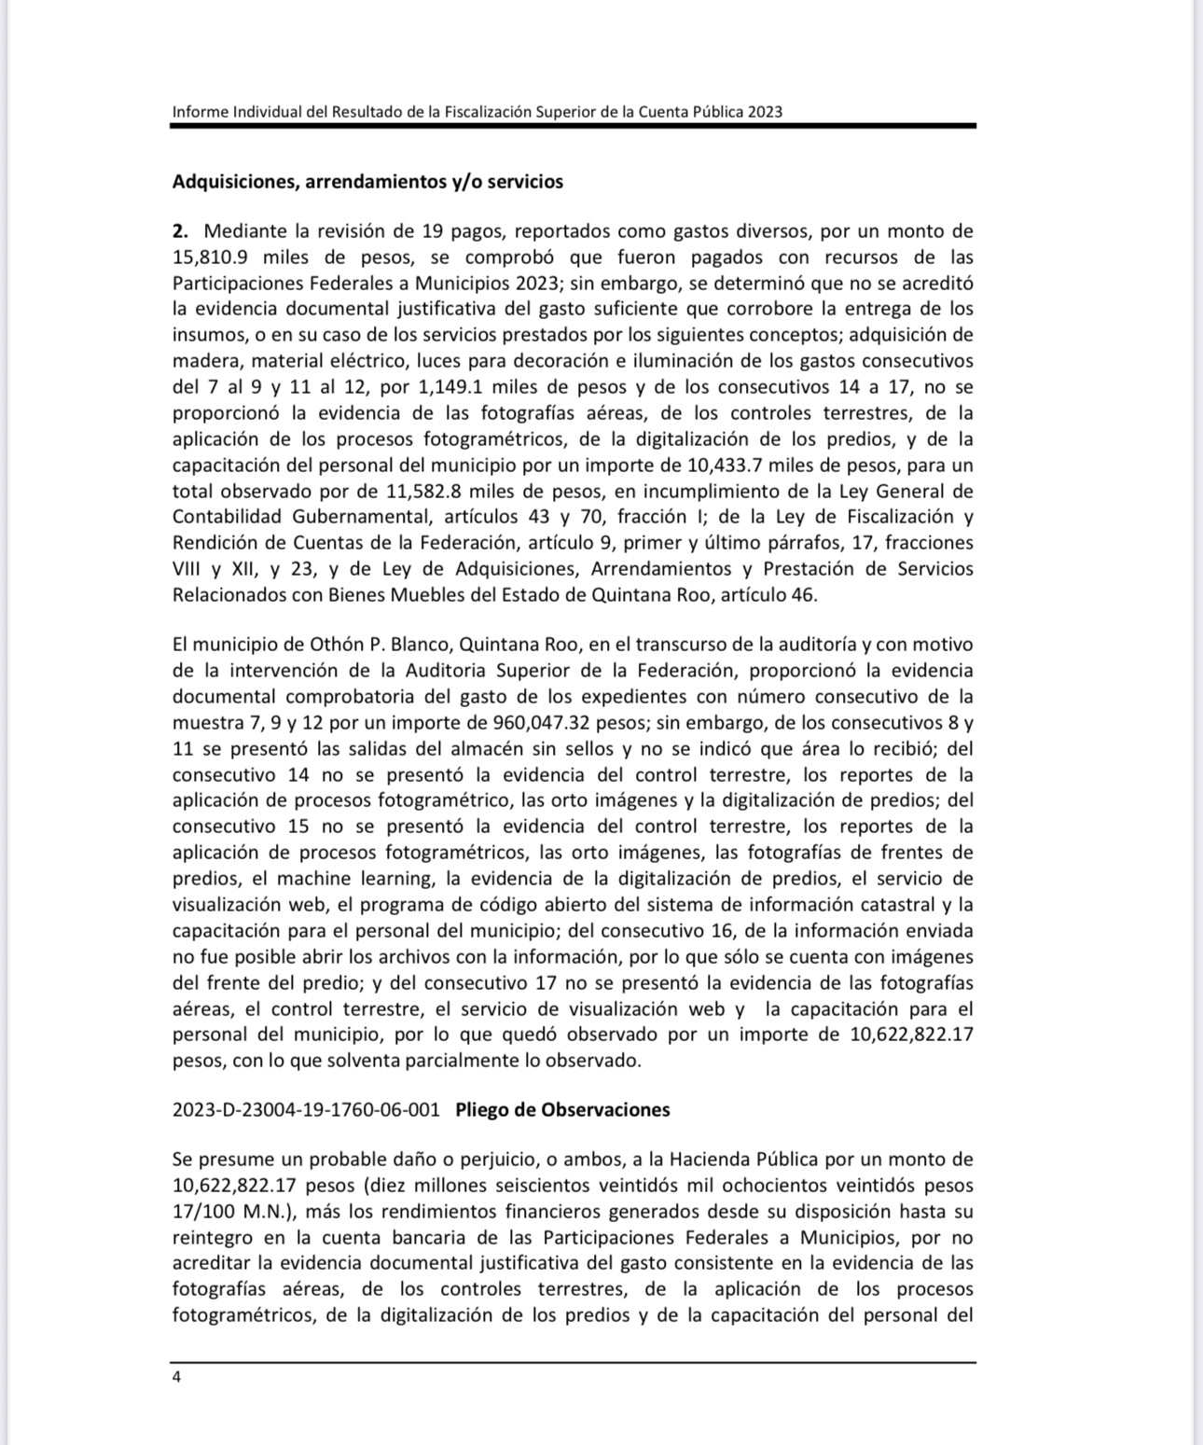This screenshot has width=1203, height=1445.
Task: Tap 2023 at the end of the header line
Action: (764, 112)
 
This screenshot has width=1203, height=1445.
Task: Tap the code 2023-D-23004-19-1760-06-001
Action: (306, 1110)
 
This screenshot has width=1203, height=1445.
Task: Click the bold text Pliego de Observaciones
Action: (562, 1110)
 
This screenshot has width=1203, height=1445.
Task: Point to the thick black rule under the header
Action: (573, 126)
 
